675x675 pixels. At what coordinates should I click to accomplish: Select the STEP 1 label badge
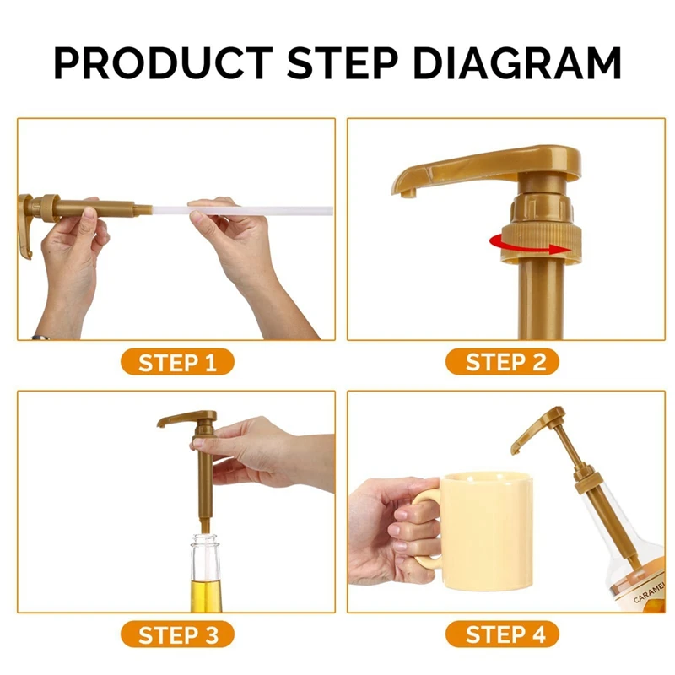(177, 362)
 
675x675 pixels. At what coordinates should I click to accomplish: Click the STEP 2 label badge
(502, 362)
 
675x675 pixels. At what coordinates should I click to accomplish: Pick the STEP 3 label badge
(177, 634)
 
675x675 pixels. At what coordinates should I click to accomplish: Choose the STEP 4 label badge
(502, 634)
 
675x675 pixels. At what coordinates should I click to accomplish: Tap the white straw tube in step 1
(242, 211)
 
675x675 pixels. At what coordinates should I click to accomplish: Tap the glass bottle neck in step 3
(205, 555)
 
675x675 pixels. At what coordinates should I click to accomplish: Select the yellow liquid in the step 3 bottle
(206, 596)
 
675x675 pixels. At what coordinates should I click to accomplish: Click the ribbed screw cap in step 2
(541, 242)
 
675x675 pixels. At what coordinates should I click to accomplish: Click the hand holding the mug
(391, 531)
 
